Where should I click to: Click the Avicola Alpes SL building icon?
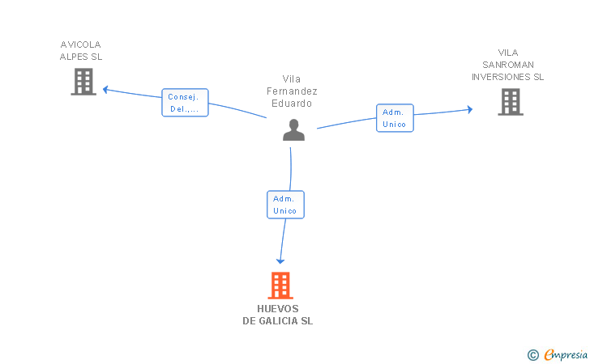(x=83, y=82)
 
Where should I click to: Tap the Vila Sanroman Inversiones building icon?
(x=511, y=102)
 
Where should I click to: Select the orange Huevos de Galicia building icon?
(x=280, y=286)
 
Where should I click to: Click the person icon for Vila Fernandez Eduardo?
(x=293, y=130)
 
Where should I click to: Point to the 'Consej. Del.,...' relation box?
(x=185, y=103)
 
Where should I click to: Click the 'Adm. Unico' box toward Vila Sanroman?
(x=395, y=118)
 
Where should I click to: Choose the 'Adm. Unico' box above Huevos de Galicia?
(x=285, y=205)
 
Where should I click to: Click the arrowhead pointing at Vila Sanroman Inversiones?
(x=468, y=109)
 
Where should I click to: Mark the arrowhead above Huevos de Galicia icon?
(x=280, y=260)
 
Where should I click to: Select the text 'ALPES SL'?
(x=81, y=57)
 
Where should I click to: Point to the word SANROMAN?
(x=508, y=65)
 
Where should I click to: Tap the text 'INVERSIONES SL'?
(x=508, y=77)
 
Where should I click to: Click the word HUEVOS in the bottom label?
(x=278, y=309)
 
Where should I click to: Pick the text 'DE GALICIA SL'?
(x=278, y=321)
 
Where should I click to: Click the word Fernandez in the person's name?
(x=292, y=91)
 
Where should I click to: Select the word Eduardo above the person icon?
(x=292, y=104)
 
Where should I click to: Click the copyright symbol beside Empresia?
(x=533, y=354)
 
